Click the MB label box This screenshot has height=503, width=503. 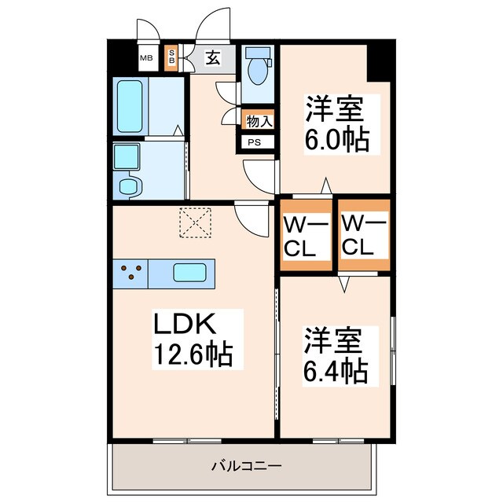pyautogui.click(x=146, y=57)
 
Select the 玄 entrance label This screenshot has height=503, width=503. pyautogui.click(x=213, y=57)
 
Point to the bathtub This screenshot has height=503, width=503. pyautogui.click(x=130, y=105)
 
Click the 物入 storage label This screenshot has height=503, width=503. pyautogui.click(x=259, y=121)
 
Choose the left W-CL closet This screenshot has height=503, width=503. pyautogui.click(x=306, y=234)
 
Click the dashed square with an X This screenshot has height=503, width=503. pyautogui.click(x=196, y=222)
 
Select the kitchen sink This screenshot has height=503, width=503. pyautogui.click(x=189, y=274)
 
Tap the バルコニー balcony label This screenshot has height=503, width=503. pyautogui.click(x=246, y=466)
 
